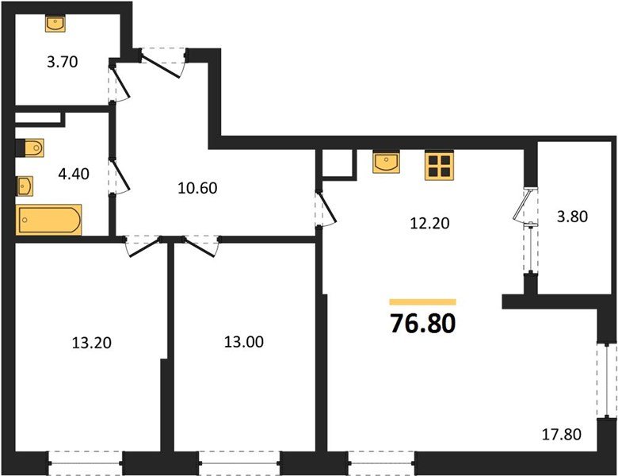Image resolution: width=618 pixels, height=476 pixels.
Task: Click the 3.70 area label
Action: tap(62, 62)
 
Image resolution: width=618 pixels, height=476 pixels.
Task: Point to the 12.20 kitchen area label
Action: tap(429, 223)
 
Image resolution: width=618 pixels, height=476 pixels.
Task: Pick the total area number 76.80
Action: tap(423, 324)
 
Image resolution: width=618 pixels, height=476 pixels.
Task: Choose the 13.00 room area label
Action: tap(244, 343)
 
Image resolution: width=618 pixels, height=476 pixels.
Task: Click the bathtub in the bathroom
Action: tap(49, 220)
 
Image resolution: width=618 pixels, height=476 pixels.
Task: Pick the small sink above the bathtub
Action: tap(25, 186)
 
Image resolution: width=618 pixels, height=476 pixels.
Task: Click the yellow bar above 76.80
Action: tap(423, 301)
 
